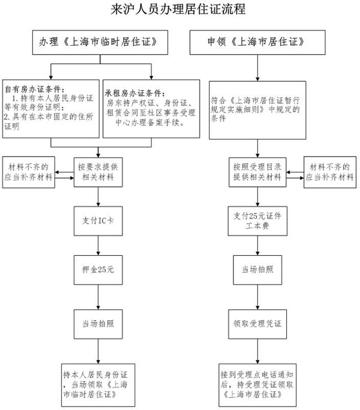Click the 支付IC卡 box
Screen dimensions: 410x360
click(99, 220)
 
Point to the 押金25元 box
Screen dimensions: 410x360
click(99, 270)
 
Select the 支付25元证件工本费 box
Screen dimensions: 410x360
click(257, 220)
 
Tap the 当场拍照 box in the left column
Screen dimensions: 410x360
click(99, 323)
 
